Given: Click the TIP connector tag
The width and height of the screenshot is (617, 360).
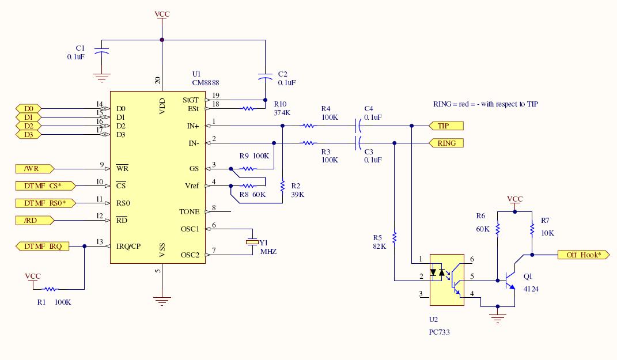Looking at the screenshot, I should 446,126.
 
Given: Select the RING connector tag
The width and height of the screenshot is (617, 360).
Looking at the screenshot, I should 446,143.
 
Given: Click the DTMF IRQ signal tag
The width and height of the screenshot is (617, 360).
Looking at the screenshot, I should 43,246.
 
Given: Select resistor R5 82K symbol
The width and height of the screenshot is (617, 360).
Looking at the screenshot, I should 394,237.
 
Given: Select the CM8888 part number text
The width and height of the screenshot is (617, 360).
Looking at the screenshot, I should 206,83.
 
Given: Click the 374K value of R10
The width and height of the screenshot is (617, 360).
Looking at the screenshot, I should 282,113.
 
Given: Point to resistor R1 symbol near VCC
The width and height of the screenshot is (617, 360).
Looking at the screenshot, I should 50,289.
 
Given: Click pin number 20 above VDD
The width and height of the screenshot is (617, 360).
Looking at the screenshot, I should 158,81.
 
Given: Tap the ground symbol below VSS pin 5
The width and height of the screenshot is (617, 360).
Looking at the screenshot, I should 162,300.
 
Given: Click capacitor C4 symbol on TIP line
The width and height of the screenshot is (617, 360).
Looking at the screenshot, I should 359,126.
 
